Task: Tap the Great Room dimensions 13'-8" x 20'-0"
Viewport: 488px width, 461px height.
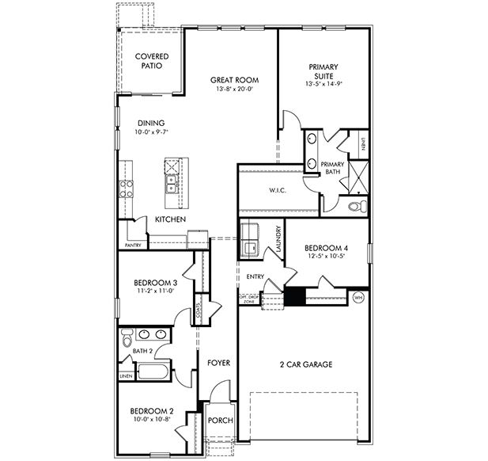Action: point(234,90)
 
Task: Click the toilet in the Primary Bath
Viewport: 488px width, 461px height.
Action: point(355,206)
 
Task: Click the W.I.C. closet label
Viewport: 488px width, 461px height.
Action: point(277,189)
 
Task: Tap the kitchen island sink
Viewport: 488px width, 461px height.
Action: point(172,185)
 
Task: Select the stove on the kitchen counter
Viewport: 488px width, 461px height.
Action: point(125,189)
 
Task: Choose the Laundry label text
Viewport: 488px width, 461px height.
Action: point(279,239)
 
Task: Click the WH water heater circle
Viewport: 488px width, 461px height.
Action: point(358,298)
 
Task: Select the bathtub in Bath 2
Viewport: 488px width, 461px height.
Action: point(154,371)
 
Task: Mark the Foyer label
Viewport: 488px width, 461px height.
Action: point(218,363)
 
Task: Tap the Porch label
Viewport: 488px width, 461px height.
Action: point(220,420)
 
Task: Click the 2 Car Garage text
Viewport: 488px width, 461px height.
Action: point(305,364)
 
